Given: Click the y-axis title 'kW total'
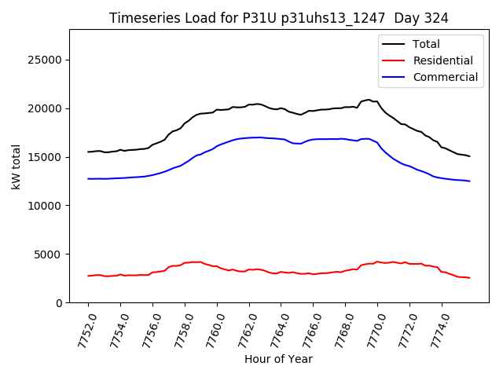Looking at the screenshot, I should coord(16,166).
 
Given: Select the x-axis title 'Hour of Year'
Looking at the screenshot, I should coord(278,359).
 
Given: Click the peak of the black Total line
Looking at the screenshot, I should coord(368,100).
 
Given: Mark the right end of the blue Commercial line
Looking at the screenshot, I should coord(470,181).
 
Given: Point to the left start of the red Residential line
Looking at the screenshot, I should coord(88,276).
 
